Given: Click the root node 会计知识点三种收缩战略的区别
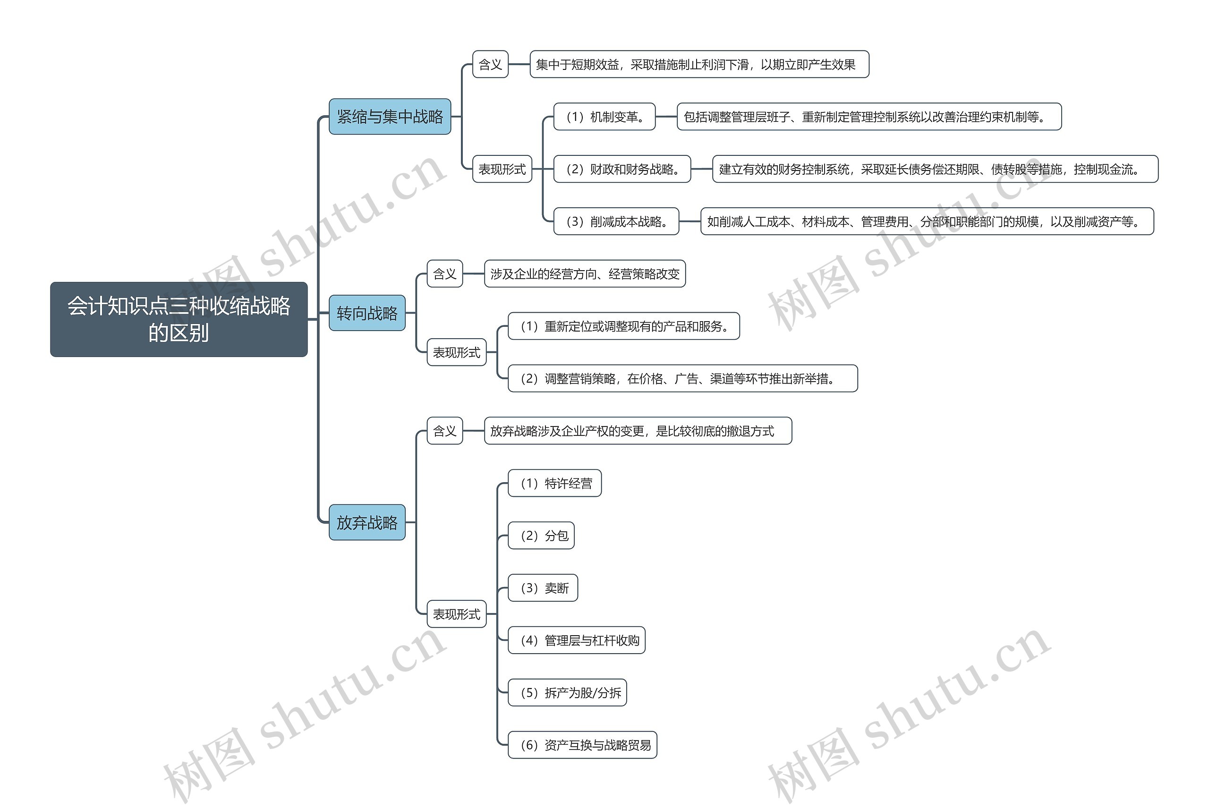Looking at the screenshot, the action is click(179, 319).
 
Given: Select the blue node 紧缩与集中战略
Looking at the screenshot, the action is click(390, 117).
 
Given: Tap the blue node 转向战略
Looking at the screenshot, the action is click(367, 313).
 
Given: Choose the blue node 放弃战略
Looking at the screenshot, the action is click(367, 522).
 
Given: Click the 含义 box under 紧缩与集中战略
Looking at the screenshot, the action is click(490, 65).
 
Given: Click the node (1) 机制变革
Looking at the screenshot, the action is click(604, 117).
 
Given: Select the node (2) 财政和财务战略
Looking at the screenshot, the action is click(622, 169).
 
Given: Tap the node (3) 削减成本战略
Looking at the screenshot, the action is click(616, 221).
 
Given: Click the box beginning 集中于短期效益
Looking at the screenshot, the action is click(699, 65).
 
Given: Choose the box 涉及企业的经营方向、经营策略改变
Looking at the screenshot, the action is click(584, 274).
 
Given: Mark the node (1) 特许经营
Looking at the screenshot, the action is click(554, 484).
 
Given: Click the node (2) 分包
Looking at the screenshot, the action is click(541, 536).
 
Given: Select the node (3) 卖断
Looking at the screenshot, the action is click(543, 588).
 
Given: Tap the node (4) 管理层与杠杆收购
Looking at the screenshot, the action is click(576, 640).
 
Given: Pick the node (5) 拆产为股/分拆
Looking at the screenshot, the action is click(567, 692).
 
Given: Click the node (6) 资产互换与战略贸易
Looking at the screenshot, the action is click(582, 745).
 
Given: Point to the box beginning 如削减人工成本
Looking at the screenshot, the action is click(927, 221).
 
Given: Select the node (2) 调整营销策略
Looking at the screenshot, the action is click(682, 379).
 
